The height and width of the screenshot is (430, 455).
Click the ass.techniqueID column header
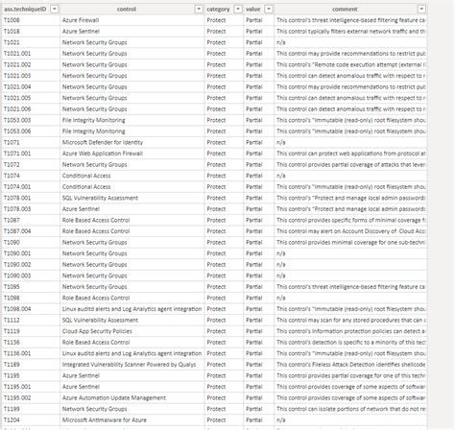click(x=29, y=8)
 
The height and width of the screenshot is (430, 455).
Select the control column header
click(x=125, y=8)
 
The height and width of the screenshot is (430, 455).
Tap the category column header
click(x=218, y=8)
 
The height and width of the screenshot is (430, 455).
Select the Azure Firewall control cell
click(x=81, y=20)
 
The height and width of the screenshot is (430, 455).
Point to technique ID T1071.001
click(x=18, y=153)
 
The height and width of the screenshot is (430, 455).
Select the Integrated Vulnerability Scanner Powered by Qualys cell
click(x=131, y=365)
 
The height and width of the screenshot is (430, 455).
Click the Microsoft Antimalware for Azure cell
click(x=104, y=420)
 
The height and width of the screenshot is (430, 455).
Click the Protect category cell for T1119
click(x=216, y=330)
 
